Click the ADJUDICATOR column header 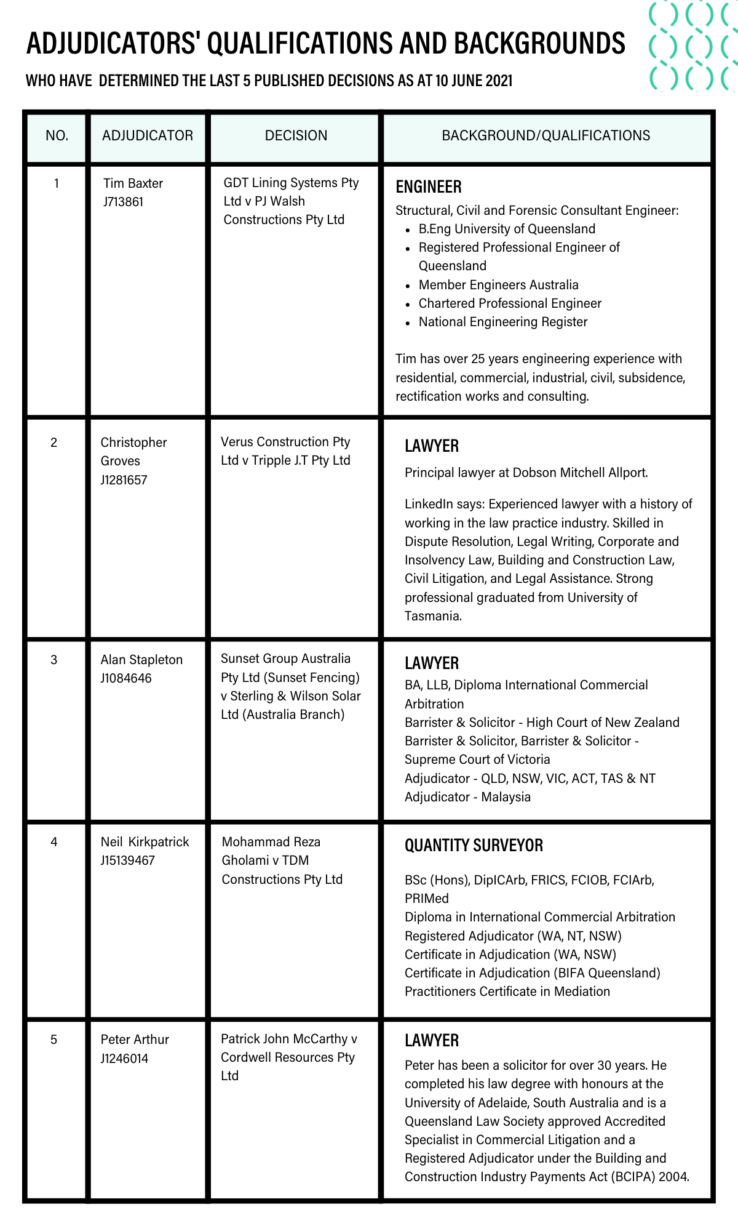coord(148,135)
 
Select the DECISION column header coord(296,135)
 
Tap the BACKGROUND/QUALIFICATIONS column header coord(546,135)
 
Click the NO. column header coord(57,135)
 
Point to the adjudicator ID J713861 coord(123,202)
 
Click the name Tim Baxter coord(133,183)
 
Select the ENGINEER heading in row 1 coord(429,186)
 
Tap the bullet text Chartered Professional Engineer coord(510,303)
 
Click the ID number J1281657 coord(124,480)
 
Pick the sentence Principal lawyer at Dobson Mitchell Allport coord(526,473)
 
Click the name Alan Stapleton coord(141,660)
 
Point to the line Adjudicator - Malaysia coord(467,797)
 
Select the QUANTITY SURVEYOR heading coord(474,846)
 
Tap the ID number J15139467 coord(127,860)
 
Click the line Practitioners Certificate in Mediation coord(507,992)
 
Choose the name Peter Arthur coord(135,1040)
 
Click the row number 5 coord(54,1040)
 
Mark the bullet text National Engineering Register coord(503,322)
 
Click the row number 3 coord(54,660)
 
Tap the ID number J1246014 coord(124,1059)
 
